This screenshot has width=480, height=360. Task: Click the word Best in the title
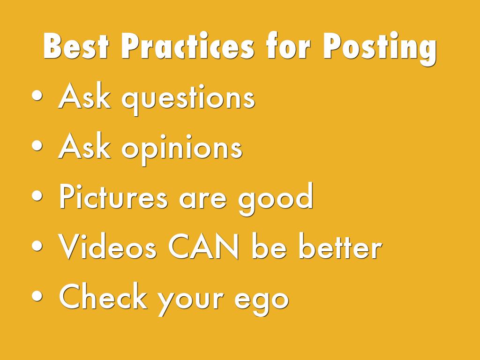pos(76,46)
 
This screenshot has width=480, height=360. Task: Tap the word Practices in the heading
pos(187,46)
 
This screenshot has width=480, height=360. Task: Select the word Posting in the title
pos(380,48)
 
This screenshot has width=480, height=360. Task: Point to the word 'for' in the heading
pos(288,45)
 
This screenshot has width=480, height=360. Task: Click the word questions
pos(188,98)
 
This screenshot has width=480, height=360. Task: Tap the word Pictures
pos(113,196)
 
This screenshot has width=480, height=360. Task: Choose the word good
pos(276,199)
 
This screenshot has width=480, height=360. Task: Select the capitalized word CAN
pos(203,247)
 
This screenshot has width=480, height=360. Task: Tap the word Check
pos(103,296)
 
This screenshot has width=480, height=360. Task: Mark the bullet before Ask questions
pos(37,96)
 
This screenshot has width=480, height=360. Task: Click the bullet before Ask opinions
pos(37,146)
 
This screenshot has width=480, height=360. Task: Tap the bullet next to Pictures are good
pos(37,196)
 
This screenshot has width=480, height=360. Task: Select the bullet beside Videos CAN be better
pos(37,246)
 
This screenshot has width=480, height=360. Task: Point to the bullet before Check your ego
pos(37,296)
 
